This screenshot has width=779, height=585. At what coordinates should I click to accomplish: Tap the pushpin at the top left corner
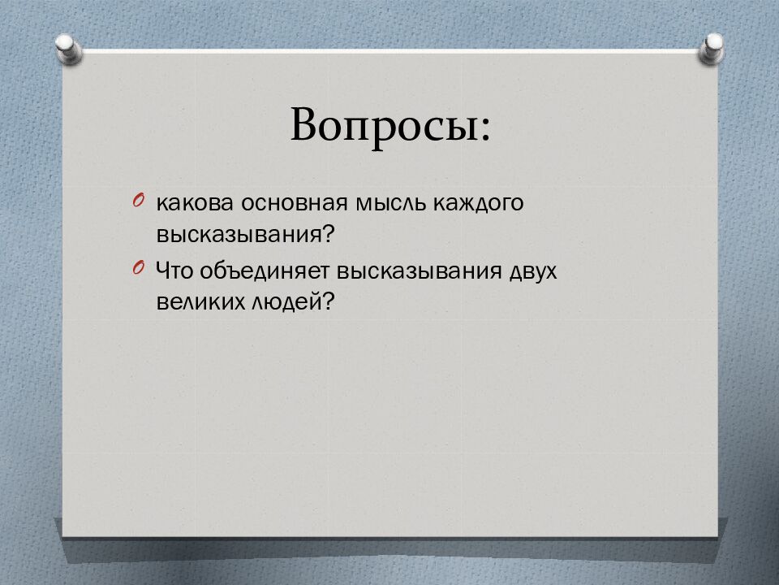click(x=69, y=49)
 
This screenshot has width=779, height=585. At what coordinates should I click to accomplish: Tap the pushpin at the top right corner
click(x=711, y=48)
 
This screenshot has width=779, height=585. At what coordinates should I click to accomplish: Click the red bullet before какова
click(x=139, y=201)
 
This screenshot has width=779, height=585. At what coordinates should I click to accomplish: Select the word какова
click(x=194, y=203)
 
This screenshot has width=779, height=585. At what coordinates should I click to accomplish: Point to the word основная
click(x=295, y=203)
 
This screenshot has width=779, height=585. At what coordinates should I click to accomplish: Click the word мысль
click(x=390, y=203)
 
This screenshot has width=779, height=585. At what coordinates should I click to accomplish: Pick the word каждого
click(x=479, y=204)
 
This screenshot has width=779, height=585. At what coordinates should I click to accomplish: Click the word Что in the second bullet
click(x=174, y=271)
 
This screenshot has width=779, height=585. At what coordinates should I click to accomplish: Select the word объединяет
click(x=265, y=271)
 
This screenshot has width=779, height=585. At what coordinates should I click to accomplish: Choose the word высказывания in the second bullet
click(x=420, y=271)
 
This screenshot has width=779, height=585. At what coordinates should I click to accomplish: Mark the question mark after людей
click(x=329, y=301)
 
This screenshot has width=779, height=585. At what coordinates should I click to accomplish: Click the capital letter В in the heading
click(x=306, y=124)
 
